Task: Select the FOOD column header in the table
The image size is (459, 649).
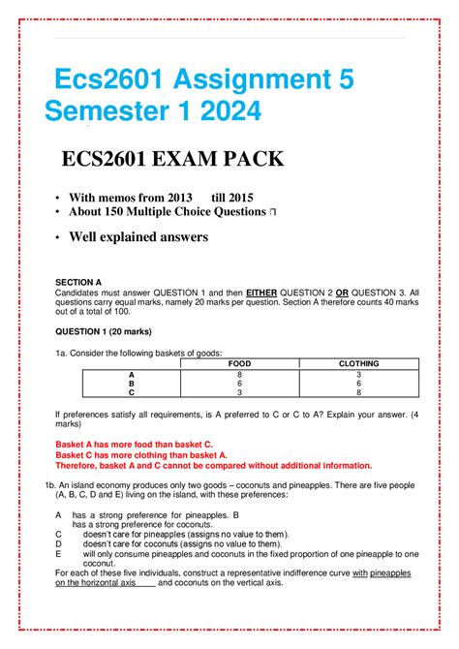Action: click(239, 363)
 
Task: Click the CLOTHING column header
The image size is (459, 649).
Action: click(358, 363)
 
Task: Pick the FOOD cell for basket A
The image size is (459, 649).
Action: click(239, 373)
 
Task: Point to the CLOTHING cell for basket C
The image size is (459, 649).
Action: click(358, 392)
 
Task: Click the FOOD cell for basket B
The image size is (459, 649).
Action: click(239, 383)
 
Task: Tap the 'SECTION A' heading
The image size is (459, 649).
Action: click(78, 281)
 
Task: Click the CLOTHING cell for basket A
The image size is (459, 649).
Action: click(358, 373)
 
